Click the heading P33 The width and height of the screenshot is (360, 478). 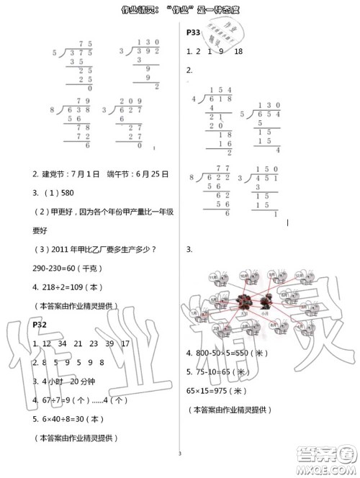(193, 32)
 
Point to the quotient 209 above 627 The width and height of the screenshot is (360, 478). (133, 101)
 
